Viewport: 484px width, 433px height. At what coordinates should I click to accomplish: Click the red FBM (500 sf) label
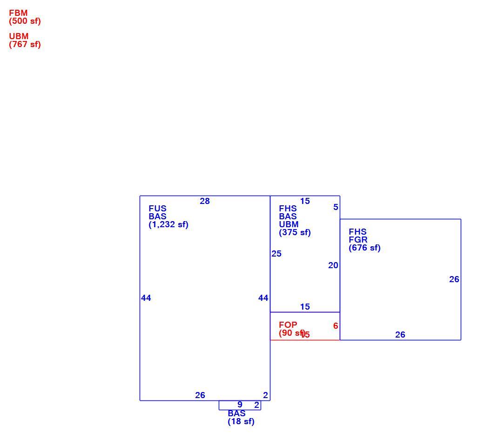click(25, 17)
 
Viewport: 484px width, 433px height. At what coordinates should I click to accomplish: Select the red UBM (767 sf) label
click(25, 40)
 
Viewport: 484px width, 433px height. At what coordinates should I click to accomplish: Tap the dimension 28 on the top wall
click(205, 201)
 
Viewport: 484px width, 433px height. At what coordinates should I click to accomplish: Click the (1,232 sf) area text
click(168, 224)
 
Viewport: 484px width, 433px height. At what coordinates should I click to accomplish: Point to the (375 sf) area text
click(295, 232)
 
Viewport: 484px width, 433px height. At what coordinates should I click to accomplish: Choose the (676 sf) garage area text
click(364, 248)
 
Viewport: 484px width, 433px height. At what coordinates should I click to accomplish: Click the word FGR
click(358, 240)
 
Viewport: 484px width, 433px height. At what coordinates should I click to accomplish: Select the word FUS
click(157, 209)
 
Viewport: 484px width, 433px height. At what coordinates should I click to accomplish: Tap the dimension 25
click(276, 254)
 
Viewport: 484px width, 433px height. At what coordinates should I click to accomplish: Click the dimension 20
click(333, 265)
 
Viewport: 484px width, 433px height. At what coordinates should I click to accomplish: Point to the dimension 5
click(336, 207)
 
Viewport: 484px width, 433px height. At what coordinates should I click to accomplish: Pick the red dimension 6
click(336, 326)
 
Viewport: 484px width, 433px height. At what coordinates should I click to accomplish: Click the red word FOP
click(288, 325)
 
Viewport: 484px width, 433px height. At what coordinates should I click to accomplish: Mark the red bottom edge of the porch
click(305, 340)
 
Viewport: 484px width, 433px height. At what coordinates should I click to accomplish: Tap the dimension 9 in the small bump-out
click(240, 404)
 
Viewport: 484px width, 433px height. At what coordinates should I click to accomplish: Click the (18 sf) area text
click(241, 421)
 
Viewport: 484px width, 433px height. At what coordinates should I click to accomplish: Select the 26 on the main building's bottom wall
click(200, 395)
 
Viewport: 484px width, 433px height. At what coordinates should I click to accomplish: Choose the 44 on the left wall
click(146, 298)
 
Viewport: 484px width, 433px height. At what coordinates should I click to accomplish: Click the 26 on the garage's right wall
click(454, 279)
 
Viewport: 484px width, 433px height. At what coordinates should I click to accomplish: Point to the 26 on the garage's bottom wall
click(400, 334)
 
